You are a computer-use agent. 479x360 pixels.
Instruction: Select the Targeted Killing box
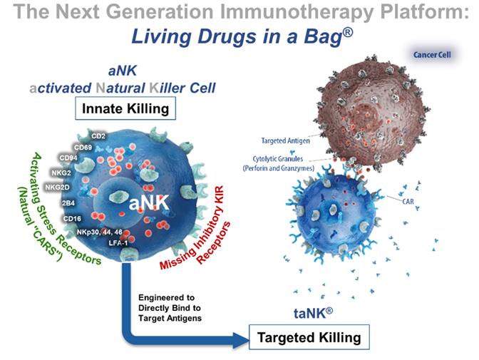coord(309,336)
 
